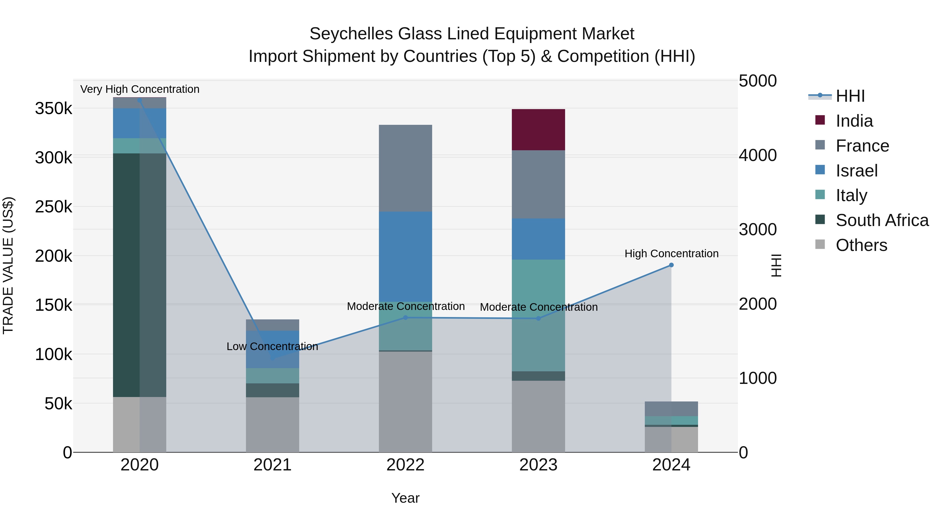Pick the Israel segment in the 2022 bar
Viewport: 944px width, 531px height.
405,256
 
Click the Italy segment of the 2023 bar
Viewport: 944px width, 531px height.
538,315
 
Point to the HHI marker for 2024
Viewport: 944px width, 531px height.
671,265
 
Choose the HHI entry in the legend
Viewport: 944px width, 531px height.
850,96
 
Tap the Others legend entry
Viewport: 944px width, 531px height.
861,245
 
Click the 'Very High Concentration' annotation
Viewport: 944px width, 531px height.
140,89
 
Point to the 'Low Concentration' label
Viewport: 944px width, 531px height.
272,346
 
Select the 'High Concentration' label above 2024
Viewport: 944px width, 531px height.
671,254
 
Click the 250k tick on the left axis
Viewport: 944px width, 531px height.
53,207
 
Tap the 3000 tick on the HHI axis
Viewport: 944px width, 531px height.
757,230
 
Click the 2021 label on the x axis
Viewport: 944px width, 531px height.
272,465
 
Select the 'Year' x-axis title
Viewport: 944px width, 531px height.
405,498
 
